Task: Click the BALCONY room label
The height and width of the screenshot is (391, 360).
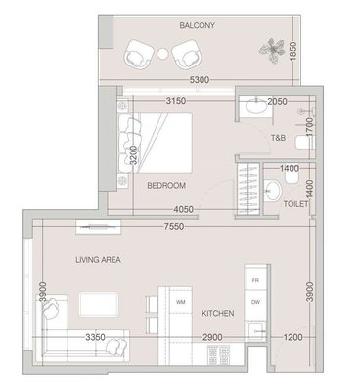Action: (197, 25)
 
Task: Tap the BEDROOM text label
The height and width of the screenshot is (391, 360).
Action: (166, 186)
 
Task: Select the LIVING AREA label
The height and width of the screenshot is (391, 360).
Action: (98, 260)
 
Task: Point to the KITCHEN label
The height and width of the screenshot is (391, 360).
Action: (218, 314)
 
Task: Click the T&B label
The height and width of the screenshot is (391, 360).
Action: (278, 138)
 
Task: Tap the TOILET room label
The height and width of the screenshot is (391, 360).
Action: (295, 204)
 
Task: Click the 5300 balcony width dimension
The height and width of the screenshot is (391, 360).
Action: (200, 80)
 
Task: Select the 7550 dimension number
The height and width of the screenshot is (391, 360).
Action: (174, 226)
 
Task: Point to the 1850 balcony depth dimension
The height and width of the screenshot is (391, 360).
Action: (292, 51)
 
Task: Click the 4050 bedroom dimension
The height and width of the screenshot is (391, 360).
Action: (183, 210)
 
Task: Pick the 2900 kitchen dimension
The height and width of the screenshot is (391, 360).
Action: (212, 337)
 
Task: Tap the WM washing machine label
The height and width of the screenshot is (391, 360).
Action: (181, 302)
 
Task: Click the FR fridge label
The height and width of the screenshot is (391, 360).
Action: (255, 281)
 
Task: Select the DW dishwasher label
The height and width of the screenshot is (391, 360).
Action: (255, 302)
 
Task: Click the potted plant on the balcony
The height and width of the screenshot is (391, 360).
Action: (271, 50)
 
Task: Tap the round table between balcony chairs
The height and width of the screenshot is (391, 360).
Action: (162, 54)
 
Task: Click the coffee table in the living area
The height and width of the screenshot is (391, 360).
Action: (99, 304)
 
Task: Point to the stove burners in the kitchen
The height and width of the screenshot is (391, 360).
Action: (218, 355)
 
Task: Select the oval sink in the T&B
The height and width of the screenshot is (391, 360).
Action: (256, 107)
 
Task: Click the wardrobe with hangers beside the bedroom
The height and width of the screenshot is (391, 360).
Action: (248, 190)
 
